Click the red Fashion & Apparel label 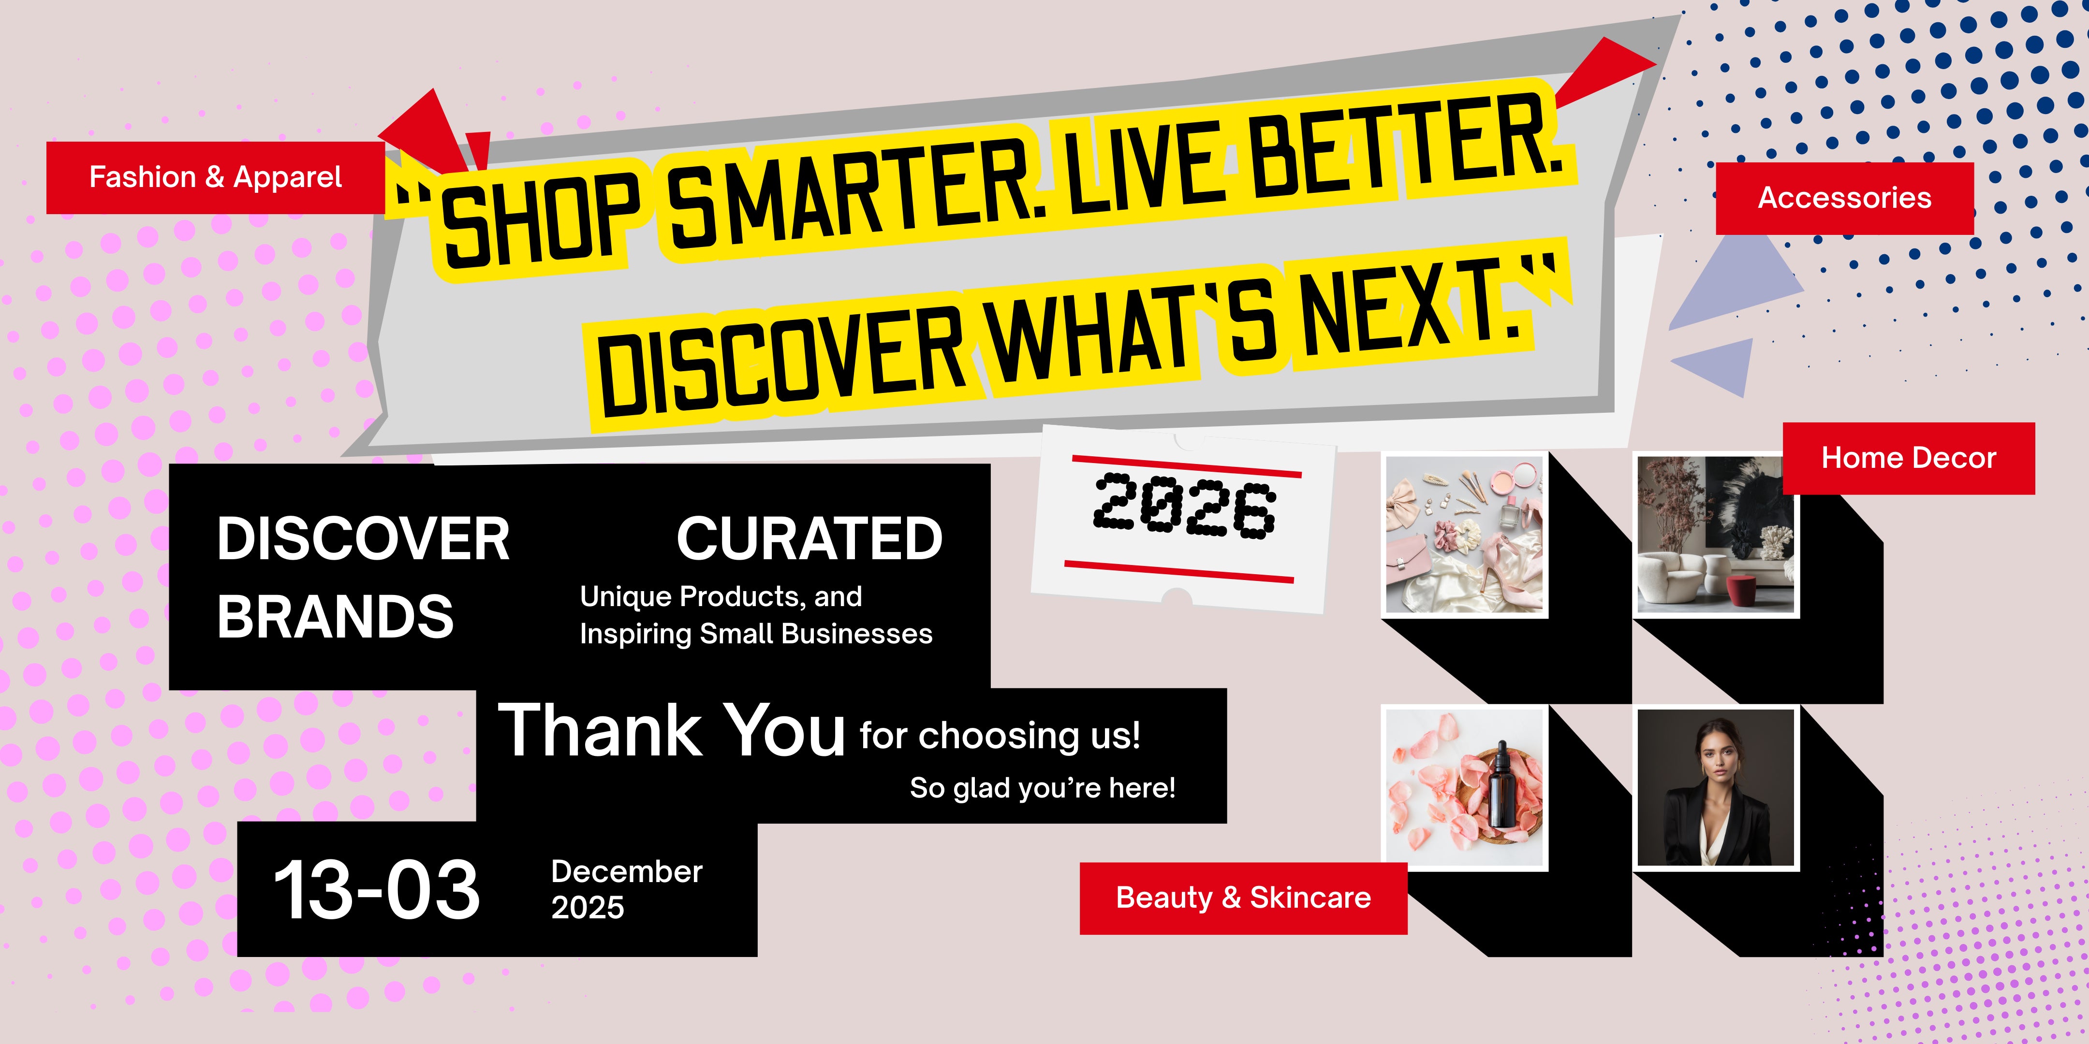(x=216, y=177)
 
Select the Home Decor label (x=1908, y=458)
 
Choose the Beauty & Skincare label (x=1243, y=898)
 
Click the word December (x=627, y=871)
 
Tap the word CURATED (x=809, y=539)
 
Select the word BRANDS (x=335, y=617)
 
